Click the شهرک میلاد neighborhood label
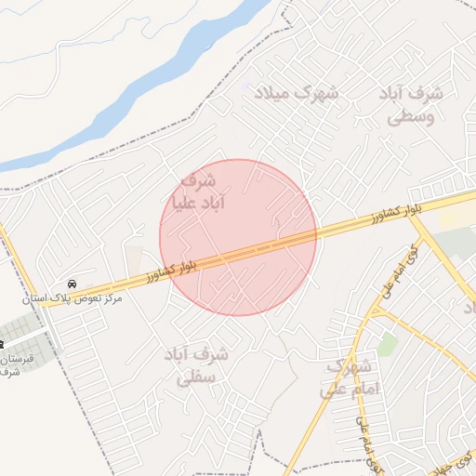[x=304, y=93]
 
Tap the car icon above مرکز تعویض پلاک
[x=72, y=283]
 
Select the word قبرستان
[x=18, y=359]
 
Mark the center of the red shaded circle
[x=239, y=237]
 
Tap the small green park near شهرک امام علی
[x=387, y=345]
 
